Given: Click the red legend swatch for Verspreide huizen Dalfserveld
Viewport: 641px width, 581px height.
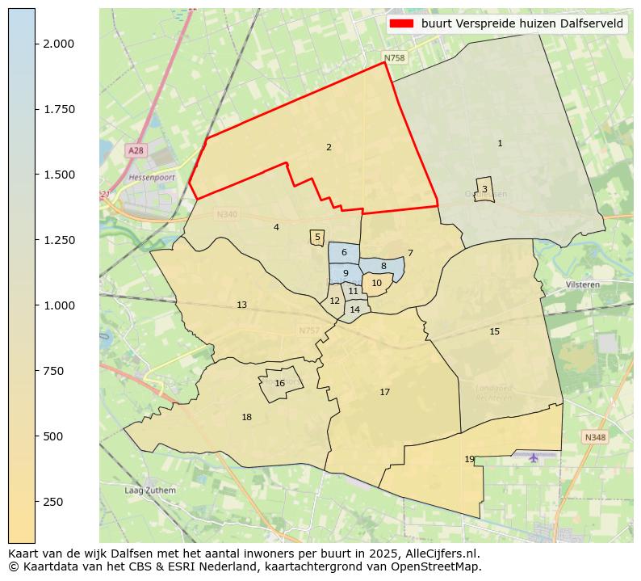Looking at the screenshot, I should point(401,24).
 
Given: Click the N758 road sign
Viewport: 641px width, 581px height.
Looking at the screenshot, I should point(394,58).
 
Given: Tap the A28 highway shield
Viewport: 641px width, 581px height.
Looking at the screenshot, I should point(136,151).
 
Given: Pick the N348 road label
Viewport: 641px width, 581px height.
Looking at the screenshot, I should point(595,437).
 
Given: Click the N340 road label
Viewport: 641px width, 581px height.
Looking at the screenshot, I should point(227,215).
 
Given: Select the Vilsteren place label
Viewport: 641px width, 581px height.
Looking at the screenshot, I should point(583,285).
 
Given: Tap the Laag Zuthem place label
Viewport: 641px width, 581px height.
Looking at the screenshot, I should point(149,490).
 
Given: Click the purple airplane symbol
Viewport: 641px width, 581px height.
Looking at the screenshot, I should point(534,458).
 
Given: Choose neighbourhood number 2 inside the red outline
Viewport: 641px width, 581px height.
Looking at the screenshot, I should point(329,147).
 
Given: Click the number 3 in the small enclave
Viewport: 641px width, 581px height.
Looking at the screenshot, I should point(484,189).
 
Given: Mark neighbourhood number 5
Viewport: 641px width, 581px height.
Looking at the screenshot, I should point(317,238).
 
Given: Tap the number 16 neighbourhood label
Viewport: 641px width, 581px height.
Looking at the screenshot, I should point(279,384).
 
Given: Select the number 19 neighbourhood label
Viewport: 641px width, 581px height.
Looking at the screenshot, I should point(469,459).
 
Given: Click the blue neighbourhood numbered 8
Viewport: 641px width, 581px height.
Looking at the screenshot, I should point(383,266).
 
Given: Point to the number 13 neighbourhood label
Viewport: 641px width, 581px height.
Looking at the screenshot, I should point(241,305).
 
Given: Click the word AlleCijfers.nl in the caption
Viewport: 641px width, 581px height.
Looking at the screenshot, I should point(443,554).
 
